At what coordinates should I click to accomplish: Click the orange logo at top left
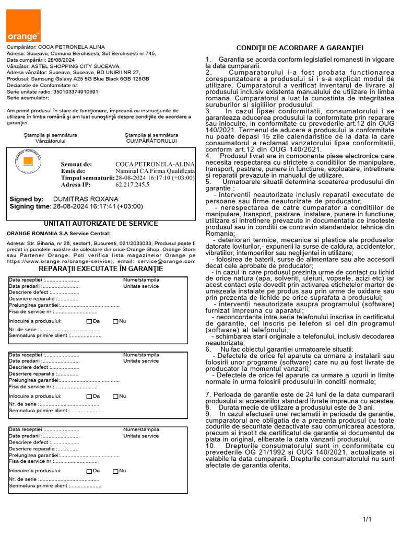(23, 26)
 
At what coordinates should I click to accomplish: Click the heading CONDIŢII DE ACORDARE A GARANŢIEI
(300, 48)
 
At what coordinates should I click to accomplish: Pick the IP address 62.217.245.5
(132, 185)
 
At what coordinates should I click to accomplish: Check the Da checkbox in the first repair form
(89, 321)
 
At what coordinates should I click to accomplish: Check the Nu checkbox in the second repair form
(115, 397)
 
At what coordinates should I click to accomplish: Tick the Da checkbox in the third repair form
(89, 471)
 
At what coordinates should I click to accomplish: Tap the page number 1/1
(367, 519)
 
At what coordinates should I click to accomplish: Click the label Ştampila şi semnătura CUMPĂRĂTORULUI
(151, 138)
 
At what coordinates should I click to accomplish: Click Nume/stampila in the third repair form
(141, 429)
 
